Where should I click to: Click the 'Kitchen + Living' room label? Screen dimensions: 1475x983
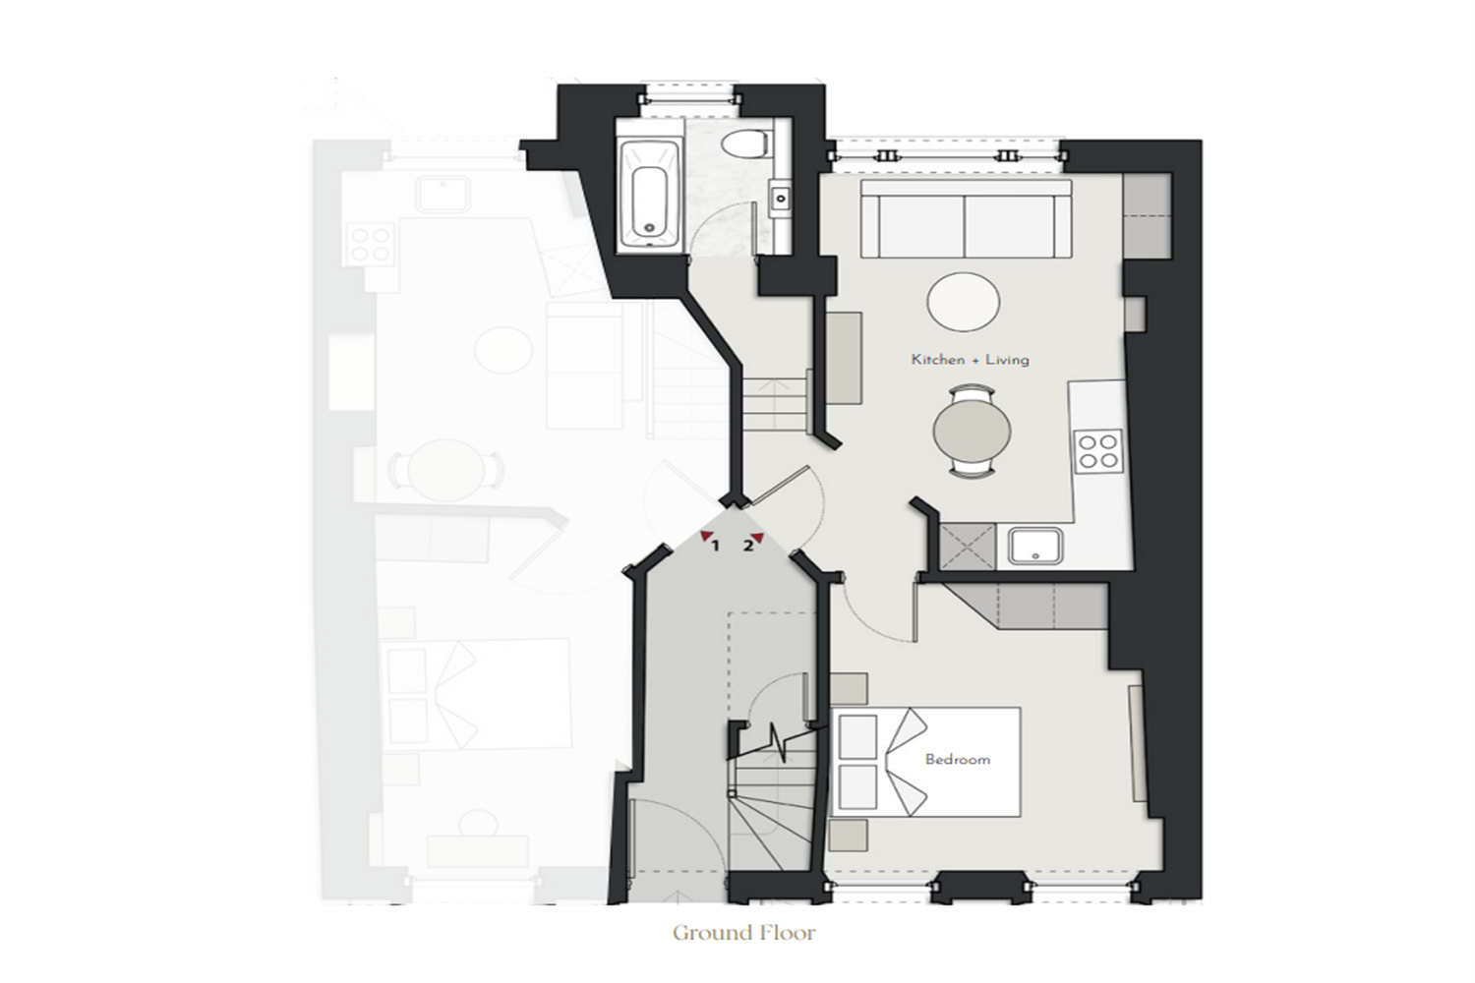point(970,360)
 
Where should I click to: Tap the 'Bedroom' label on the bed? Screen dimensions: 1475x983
point(958,759)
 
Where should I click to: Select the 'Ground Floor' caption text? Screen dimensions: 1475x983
point(744,933)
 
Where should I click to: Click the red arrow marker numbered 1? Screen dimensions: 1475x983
point(707,536)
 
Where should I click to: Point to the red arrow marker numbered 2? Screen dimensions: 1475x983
point(757,538)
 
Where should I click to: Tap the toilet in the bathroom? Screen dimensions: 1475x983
point(745,144)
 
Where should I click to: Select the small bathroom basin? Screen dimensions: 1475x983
point(781,198)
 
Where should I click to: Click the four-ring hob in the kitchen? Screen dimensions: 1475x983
point(1098,451)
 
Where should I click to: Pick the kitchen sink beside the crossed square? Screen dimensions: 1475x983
point(1035,546)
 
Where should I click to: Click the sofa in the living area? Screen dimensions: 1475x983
point(966,218)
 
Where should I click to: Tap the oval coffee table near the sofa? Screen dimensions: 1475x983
point(964,302)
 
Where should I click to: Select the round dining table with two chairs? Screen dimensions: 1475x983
point(972,432)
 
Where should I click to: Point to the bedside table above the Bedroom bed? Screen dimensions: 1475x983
point(848,689)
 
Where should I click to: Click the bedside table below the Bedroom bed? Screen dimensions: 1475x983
point(848,836)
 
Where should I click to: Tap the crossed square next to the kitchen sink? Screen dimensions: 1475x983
point(968,547)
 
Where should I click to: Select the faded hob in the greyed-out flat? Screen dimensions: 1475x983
point(370,244)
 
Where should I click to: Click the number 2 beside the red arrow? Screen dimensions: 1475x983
point(747,546)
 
